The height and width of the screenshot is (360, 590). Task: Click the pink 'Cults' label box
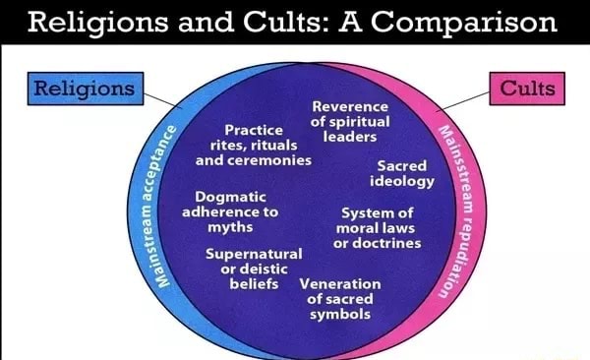point(528,90)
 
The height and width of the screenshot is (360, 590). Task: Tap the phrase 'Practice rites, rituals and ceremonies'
point(254,145)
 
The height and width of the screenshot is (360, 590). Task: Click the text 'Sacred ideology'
point(401,174)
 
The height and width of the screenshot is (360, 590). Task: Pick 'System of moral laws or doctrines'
point(377,227)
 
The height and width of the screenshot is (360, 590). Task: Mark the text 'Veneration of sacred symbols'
point(340,299)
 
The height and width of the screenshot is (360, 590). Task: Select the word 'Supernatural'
point(254,254)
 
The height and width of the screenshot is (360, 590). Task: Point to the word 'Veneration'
point(340,284)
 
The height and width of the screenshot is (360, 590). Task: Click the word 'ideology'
point(401,182)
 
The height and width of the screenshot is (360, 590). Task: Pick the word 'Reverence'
point(350,106)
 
